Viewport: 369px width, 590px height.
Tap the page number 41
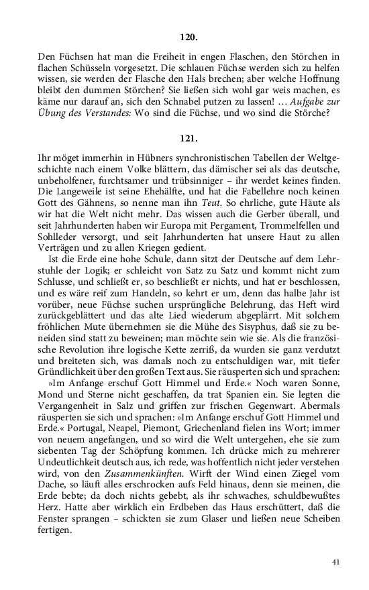click(x=335, y=563)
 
